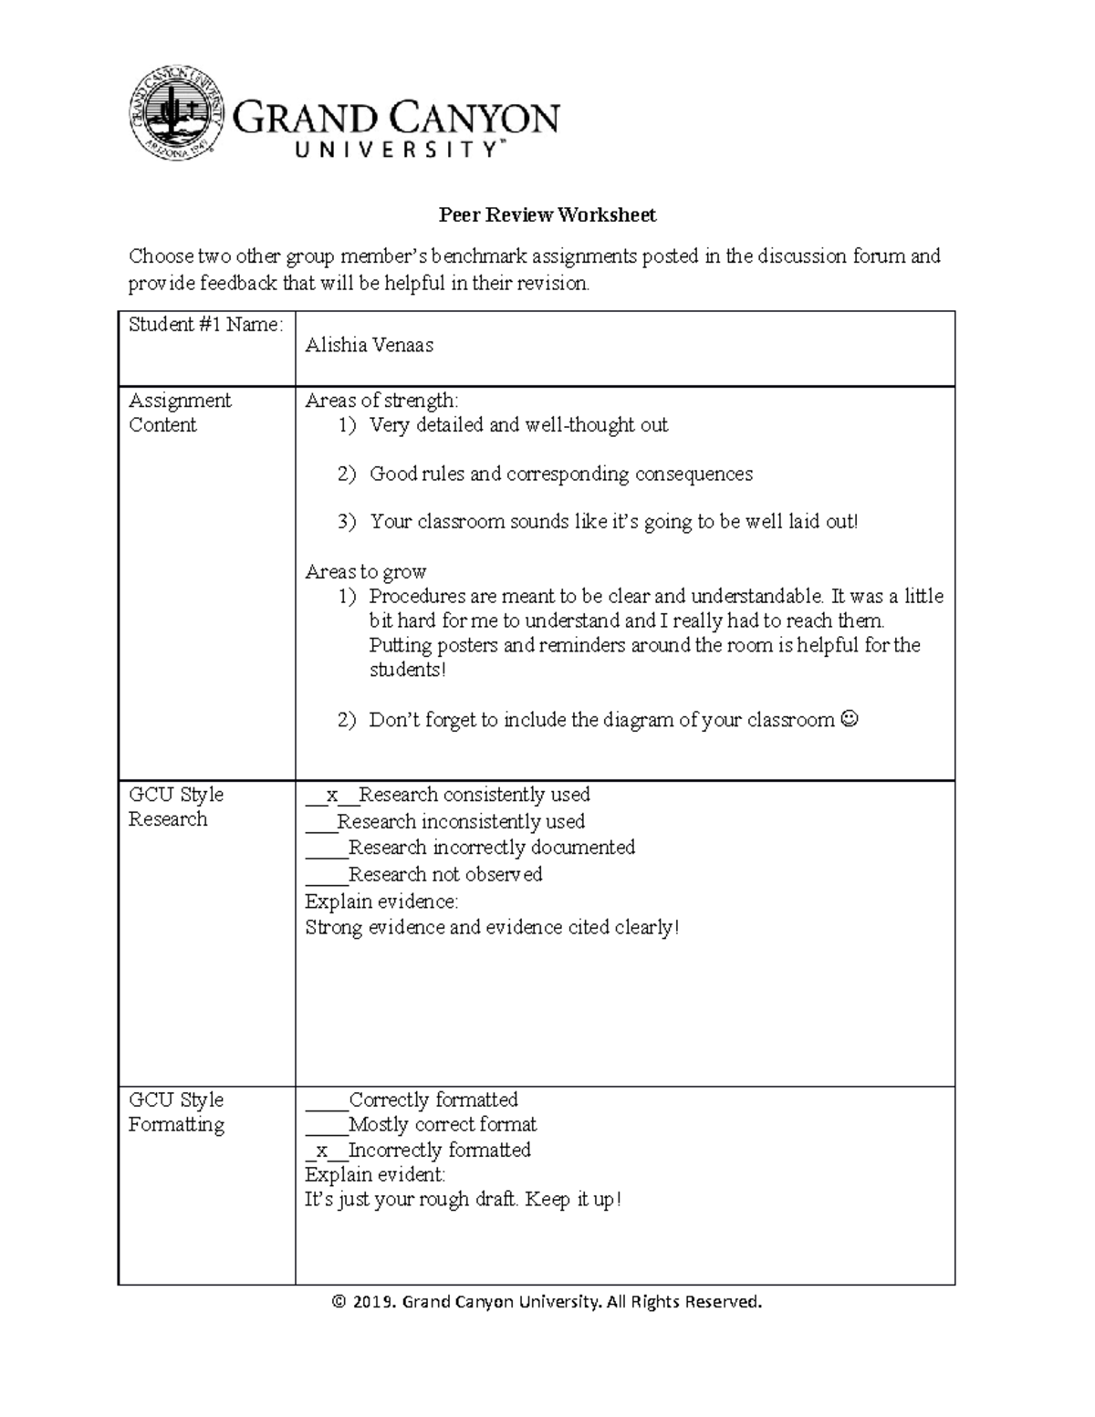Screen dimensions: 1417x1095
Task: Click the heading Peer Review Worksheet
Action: pyautogui.click(x=547, y=215)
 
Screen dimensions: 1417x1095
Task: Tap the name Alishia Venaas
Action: pyautogui.click(x=369, y=346)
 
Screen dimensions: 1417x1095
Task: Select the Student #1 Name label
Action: pyautogui.click(x=205, y=325)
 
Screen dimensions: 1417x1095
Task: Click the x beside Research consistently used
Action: pyautogui.click(x=331, y=796)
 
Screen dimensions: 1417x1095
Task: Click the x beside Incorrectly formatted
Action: pyautogui.click(x=321, y=1151)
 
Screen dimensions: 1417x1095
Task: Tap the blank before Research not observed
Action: pyautogui.click(x=326, y=875)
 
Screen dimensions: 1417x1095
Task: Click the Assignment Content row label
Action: pyautogui.click(x=180, y=412)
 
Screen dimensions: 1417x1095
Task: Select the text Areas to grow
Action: pyautogui.click(x=365, y=572)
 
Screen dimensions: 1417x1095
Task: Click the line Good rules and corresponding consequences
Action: pyautogui.click(x=560, y=474)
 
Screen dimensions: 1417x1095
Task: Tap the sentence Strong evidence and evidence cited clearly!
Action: pyautogui.click(x=492, y=928)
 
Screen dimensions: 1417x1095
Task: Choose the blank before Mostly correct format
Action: pyautogui.click(x=326, y=1125)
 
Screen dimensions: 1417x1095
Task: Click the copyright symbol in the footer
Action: pyautogui.click(x=339, y=1302)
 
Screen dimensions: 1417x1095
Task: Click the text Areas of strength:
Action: pyautogui.click(x=381, y=401)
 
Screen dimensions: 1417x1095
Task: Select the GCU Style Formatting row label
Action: pyautogui.click(x=176, y=1112)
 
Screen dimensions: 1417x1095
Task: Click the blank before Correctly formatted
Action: pyautogui.click(x=326, y=1100)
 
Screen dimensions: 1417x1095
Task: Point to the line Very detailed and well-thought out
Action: pyautogui.click(x=518, y=425)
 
